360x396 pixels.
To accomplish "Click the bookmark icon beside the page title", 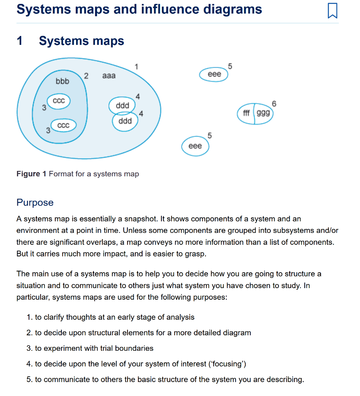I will pos(332,10).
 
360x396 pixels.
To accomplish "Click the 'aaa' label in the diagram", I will pos(109,76).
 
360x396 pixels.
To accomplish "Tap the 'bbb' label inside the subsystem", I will pos(62,82).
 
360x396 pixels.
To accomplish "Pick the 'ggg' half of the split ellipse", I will pos(263,113).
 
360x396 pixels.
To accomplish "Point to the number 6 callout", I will pos(274,103).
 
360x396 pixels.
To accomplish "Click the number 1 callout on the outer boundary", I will pos(136,66).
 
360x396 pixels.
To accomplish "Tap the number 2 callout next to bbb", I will pos(86,75).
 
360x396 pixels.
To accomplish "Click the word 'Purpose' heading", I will pos(35,203).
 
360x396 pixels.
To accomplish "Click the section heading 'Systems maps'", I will pos(82,41).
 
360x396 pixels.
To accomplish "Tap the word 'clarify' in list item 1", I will pos(54,317).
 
